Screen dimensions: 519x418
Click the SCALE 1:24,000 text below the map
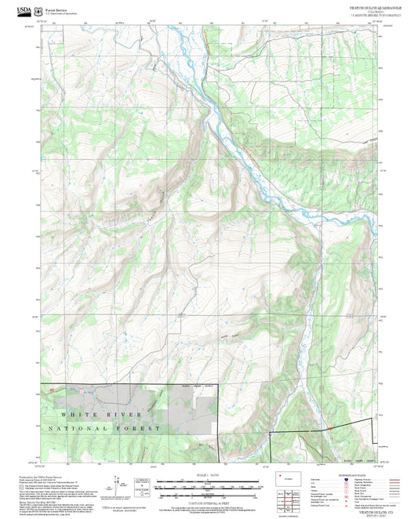209,476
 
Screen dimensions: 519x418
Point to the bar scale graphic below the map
209,488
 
